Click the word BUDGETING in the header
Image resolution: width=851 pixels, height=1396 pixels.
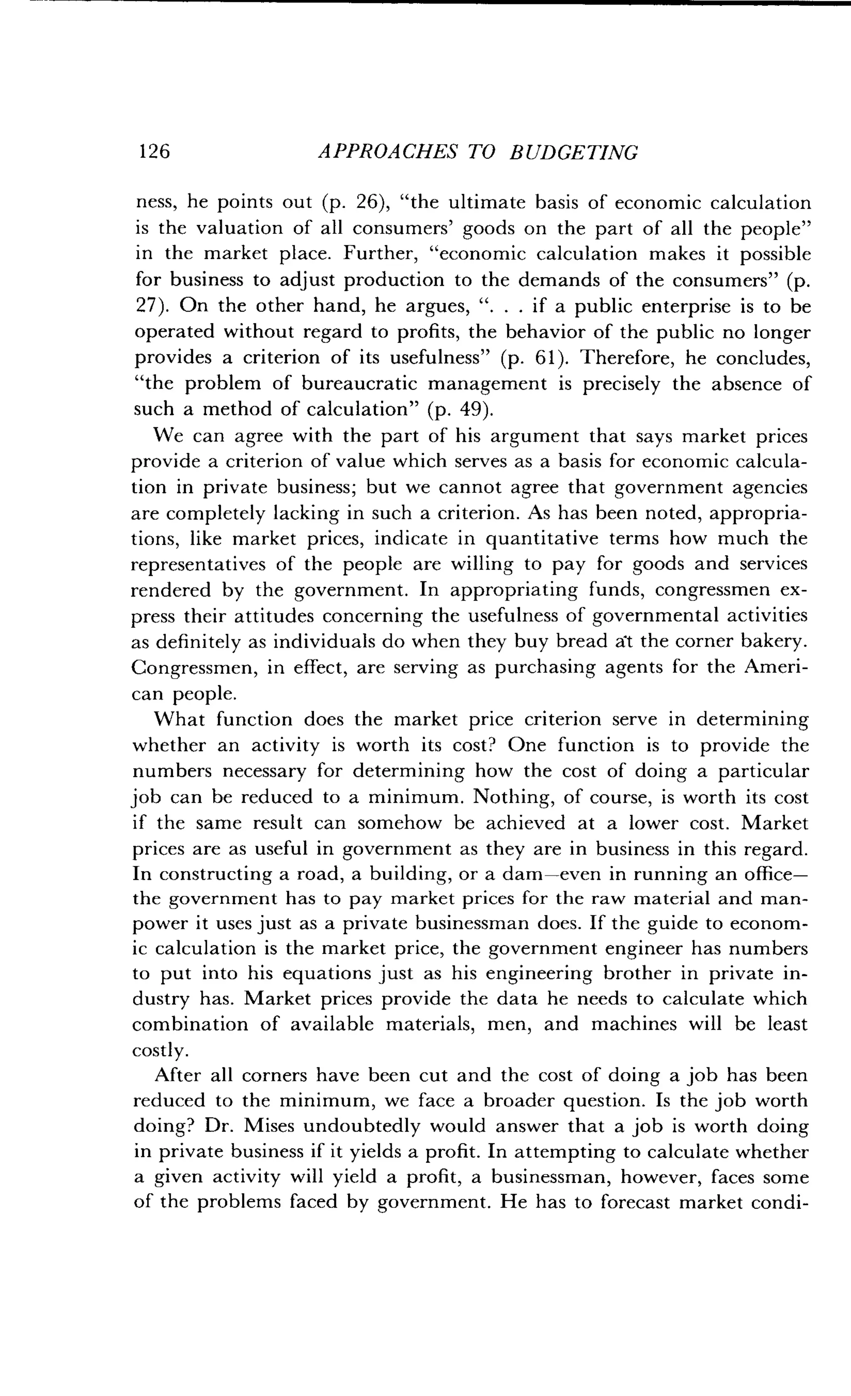(x=574, y=152)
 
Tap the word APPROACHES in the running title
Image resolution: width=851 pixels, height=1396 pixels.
(x=386, y=152)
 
